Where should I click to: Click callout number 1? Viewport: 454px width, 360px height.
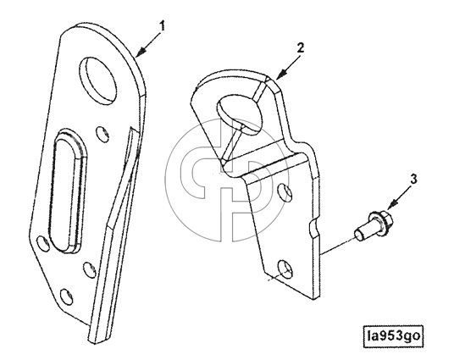tap(163, 26)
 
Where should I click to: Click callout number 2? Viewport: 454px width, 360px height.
tap(301, 47)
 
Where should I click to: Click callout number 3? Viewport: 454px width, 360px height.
tap(414, 180)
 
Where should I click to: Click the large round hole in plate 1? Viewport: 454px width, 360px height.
tap(98, 80)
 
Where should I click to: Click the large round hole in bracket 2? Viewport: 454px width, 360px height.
tap(238, 114)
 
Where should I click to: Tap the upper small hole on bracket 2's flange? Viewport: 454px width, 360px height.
tap(283, 192)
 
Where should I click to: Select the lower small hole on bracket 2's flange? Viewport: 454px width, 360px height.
tap(285, 268)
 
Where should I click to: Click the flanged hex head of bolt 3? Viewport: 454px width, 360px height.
tap(380, 221)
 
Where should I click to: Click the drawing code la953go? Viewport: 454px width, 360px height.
tap(393, 336)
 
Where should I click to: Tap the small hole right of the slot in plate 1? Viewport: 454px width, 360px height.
tap(102, 135)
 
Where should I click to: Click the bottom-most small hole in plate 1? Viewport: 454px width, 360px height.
tap(66, 296)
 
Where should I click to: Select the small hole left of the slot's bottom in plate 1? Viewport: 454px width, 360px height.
tap(43, 243)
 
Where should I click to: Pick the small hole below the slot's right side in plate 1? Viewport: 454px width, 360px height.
tap(90, 270)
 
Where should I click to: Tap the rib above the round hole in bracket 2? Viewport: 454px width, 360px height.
tap(262, 88)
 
